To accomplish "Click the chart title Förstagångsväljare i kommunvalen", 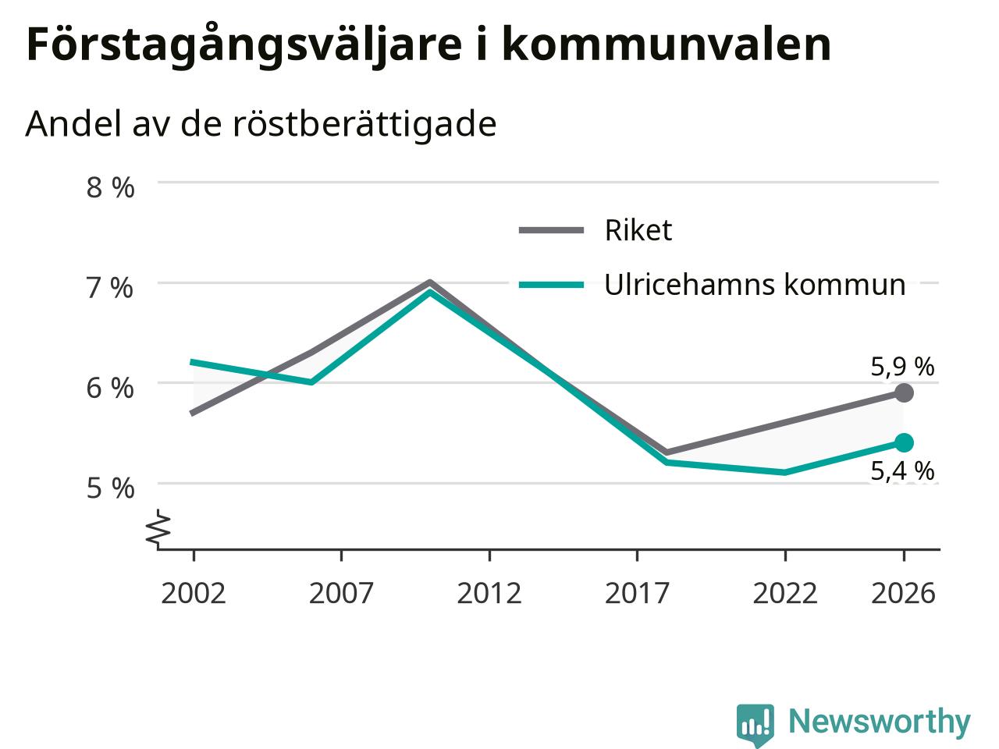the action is pyautogui.click(x=428, y=46).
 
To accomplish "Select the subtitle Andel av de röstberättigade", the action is pyautogui.click(x=261, y=124).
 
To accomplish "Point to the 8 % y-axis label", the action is pyautogui.click(x=110, y=187).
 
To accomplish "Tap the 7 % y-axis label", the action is pyautogui.click(x=110, y=288).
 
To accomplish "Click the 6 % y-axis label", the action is pyautogui.click(x=110, y=389).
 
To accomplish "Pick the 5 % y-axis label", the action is pyautogui.click(x=110, y=489).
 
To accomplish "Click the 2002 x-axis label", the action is pyautogui.click(x=194, y=594).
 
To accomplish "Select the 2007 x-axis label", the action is pyautogui.click(x=341, y=594).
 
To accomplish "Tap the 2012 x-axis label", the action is pyautogui.click(x=489, y=594).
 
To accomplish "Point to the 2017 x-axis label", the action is pyautogui.click(x=637, y=594).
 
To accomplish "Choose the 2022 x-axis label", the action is pyautogui.click(x=785, y=594).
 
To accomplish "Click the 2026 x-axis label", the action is pyautogui.click(x=904, y=594).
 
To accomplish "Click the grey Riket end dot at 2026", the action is pyautogui.click(x=904, y=393).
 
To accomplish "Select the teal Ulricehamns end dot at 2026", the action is pyautogui.click(x=904, y=442).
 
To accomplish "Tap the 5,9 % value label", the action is pyautogui.click(x=902, y=367).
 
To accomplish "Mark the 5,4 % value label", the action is pyautogui.click(x=902, y=470).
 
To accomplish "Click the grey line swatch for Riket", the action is pyautogui.click(x=551, y=231).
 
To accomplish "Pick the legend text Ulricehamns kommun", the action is pyautogui.click(x=755, y=285).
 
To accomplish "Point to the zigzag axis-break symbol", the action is pyautogui.click(x=158, y=527).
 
